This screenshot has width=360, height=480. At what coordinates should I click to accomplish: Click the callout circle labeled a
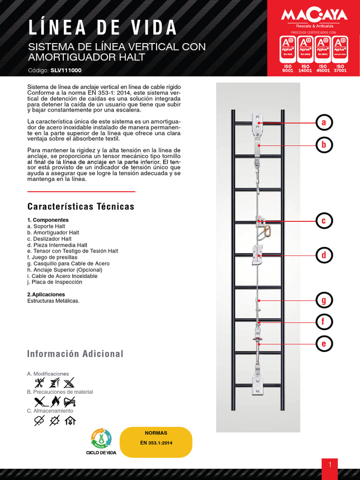[x=323, y=123]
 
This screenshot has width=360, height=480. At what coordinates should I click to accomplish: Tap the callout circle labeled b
[x=323, y=145]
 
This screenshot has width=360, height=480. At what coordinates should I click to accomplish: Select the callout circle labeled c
[x=323, y=221]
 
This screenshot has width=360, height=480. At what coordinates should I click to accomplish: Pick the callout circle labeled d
[x=323, y=255]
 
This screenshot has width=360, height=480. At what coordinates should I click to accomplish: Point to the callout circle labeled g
[x=323, y=300]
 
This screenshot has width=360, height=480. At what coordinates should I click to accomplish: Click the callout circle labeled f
[x=323, y=322]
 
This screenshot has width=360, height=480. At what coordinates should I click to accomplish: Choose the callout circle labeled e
[x=323, y=344]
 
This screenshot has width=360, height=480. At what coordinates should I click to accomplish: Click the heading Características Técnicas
[x=81, y=207]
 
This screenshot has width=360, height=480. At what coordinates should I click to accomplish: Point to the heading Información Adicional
[x=75, y=354]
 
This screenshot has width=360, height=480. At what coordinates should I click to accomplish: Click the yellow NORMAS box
[x=156, y=442]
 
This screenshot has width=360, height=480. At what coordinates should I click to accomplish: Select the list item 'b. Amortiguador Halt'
[x=53, y=232]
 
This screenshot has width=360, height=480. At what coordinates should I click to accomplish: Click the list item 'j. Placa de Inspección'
[x=54, y=282]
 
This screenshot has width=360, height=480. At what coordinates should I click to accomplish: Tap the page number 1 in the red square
[x=330, y=465]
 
